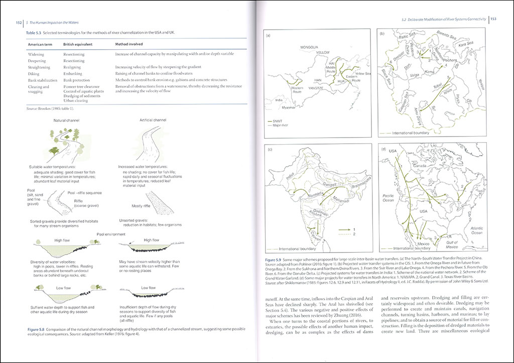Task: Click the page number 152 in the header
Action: tap(18, 23)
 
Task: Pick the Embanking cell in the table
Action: tap(73, 73)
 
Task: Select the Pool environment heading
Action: tap(111, 234)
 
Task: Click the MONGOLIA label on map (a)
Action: tap(310, 47)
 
